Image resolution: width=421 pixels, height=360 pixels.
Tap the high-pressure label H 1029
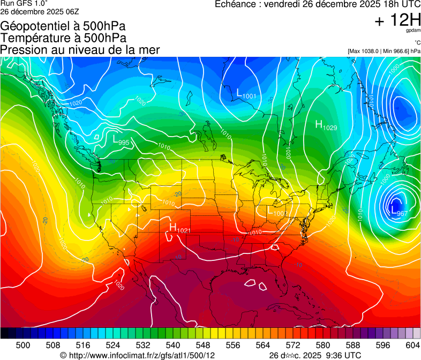(326, 125)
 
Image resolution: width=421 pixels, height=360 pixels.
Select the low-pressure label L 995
(121, 140)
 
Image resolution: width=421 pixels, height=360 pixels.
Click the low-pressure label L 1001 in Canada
(246, 94)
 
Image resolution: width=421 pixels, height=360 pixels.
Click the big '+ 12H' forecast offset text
(397, 20)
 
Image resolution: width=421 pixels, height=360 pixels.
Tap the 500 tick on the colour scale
(23, 345)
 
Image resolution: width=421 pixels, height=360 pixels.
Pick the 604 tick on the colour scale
(413, 345)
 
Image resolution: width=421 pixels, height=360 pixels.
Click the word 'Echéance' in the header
(234, 4)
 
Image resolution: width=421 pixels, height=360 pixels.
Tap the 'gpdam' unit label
(413, 31)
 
